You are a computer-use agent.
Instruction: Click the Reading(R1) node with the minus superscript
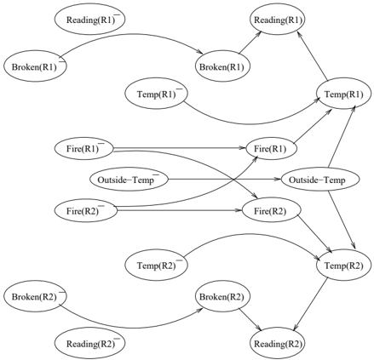point(89,20)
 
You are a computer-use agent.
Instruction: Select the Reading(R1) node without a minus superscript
point(278,20)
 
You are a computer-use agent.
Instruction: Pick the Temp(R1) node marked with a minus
point(156,94)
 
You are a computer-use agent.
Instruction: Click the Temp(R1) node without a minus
point(343,94)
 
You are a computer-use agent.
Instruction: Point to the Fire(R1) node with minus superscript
point(84,148)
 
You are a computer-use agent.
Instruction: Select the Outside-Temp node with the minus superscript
point(129,180)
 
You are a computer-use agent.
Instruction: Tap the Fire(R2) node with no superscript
point(271,211)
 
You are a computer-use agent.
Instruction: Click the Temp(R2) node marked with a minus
point(156,266)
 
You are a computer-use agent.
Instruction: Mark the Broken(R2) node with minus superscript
point(35,297)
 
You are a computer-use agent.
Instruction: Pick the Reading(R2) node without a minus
point(278,344)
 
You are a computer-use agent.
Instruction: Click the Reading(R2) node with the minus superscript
point(89,344)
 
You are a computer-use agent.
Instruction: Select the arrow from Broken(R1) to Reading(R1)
point(250,42)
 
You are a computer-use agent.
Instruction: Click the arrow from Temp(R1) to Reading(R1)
point(313,55)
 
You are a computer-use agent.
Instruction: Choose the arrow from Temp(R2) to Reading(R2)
point(310,305)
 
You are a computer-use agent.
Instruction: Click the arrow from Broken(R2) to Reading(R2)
point(250,319)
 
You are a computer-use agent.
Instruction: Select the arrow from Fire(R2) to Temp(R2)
point(314,234)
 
